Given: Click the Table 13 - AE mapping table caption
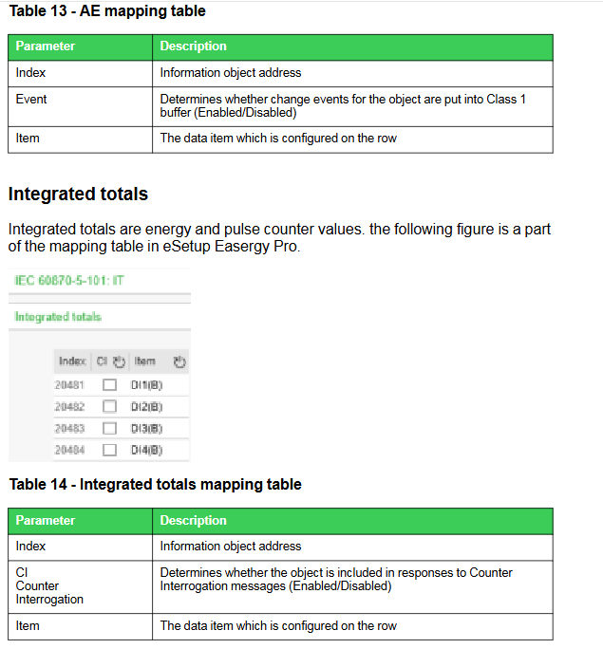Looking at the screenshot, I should click(106, 11).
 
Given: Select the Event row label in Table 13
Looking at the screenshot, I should click(31, 99).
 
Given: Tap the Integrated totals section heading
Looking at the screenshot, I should click(78, 195).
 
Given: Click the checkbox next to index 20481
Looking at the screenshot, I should click(109, 384).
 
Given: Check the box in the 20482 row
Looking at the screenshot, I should click(109, 406).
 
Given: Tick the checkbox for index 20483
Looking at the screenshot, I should click(109, 428).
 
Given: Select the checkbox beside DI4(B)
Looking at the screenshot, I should click(109, 450).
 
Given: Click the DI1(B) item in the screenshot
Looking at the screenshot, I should click(146, 384).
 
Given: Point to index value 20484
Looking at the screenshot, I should click(69, 450).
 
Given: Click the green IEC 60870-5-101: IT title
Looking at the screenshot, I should click(70, 281).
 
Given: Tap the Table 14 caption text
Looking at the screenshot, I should click(155, 485).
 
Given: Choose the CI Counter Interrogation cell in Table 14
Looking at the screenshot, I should click(49, 585).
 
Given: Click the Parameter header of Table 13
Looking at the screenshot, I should click(45, 46).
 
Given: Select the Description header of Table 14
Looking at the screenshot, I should click(193, 521).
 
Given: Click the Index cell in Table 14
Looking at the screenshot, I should click(30, 547).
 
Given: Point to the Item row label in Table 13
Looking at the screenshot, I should click(28, 139).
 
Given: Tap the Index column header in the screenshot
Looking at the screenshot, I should click(71, 362).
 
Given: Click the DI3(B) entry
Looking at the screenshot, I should click(146, 428).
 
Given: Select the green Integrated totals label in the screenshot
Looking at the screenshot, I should click(58, 317).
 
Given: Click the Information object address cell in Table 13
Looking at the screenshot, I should click(230, 73).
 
